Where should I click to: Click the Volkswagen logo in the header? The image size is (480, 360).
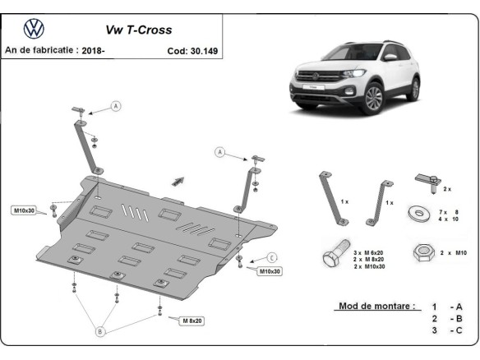pos(34,29)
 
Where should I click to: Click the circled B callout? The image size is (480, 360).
pos(100,331)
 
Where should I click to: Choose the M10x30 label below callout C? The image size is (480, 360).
pos(270,270)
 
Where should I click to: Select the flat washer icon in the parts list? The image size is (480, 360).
pos(420,213)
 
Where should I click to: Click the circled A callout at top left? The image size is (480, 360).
pos(116,105)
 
